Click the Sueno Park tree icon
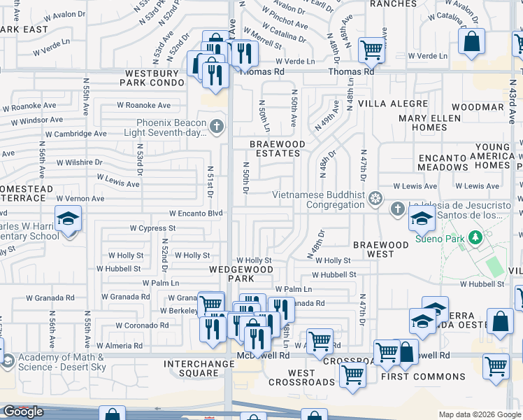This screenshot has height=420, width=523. coord(475,238)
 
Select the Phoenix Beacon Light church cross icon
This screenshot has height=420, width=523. coord(217,127)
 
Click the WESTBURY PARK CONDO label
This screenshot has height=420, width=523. coord(155,78)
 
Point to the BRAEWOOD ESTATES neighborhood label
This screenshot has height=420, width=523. coord(278,148)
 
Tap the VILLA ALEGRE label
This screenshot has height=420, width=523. coord(392,103)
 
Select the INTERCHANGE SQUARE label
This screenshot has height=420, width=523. coord(201,368)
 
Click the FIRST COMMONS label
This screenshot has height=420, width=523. coord(423,377)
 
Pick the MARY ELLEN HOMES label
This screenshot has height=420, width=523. coord(432,122)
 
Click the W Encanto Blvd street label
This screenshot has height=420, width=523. coord(196,213)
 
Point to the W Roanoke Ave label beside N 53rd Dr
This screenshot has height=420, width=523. coord(143,105)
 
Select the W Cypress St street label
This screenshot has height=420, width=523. coord(153,228)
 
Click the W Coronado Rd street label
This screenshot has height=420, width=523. coord(142,325)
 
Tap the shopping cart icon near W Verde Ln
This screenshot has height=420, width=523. coord(371,49)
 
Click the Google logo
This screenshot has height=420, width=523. coord(23,412)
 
